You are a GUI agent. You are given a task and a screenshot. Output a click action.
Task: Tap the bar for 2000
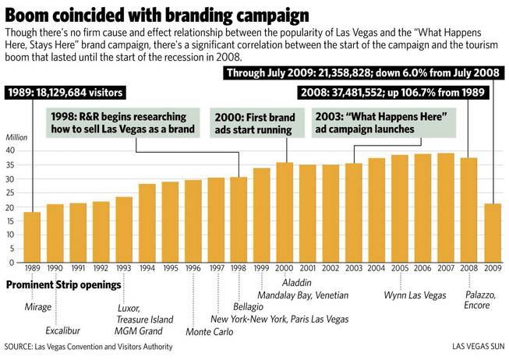[284, 212]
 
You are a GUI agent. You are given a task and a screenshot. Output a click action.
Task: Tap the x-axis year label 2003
[352, 269]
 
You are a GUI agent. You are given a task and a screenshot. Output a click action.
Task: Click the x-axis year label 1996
[193, 269]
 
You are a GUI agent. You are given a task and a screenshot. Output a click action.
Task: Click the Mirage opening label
[37, 306]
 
